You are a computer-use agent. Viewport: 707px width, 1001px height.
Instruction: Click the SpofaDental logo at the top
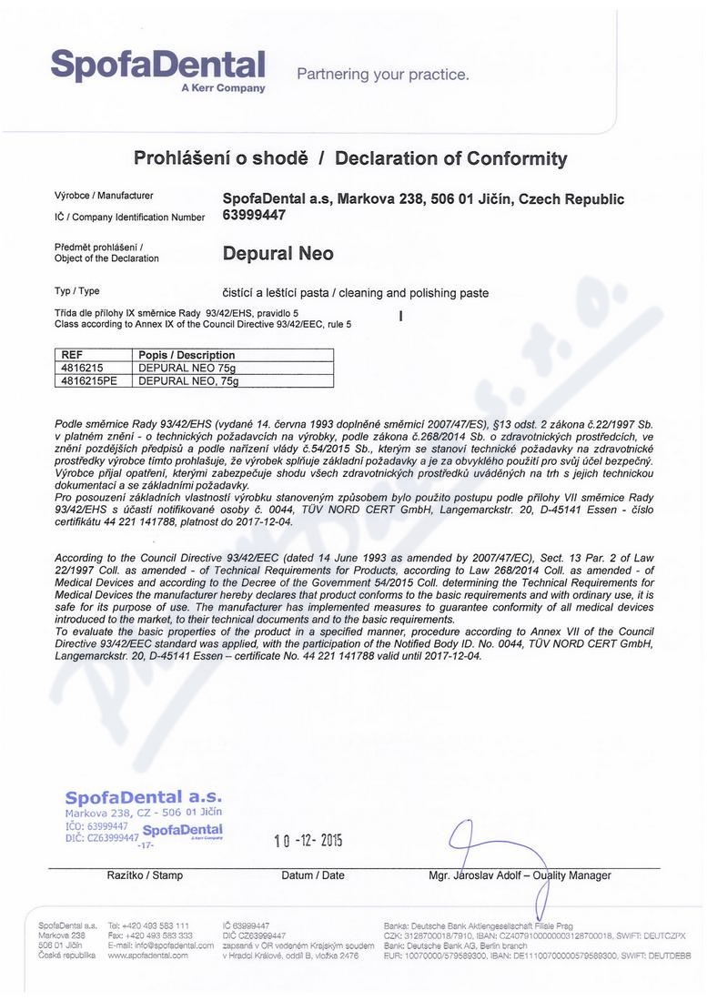(157, 68)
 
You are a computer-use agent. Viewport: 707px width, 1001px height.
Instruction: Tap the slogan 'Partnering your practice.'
(383, 75)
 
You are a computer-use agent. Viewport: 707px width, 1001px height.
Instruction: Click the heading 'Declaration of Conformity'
(450, 158)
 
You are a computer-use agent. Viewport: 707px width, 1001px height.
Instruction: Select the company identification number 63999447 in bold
(254, 216)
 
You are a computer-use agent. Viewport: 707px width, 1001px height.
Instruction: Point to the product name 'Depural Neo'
(278, 254)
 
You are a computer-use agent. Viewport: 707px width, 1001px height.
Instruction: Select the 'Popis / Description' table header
(187, 355)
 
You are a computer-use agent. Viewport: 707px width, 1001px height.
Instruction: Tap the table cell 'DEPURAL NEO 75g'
(187, 368)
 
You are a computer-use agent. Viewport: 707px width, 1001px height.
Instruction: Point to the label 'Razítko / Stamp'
(145, 875)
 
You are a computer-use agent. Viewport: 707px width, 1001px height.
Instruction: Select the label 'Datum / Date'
(313, 875)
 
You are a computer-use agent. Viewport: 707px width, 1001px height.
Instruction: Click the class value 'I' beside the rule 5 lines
(400, 317)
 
